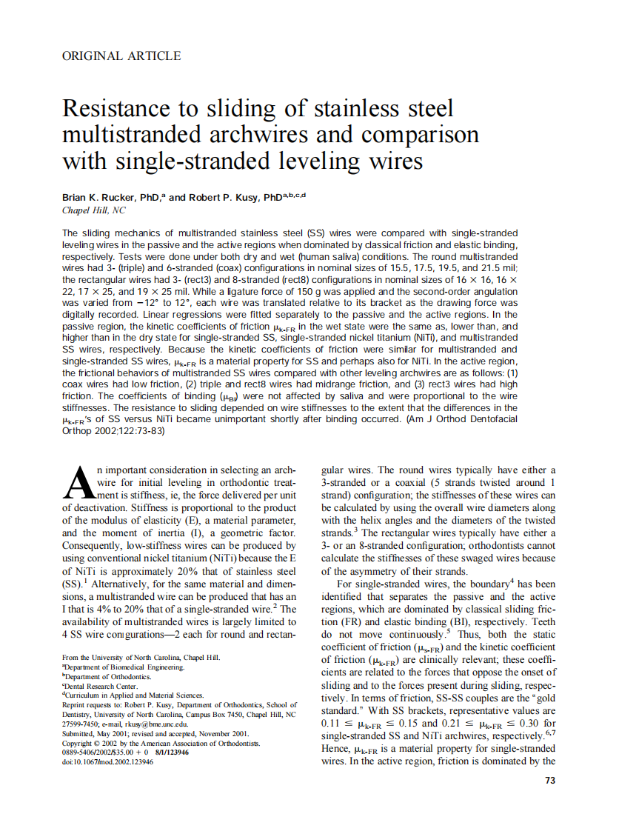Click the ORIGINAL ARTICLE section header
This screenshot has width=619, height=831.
click(x=121, y=56)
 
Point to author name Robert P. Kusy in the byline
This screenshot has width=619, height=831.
click(x=224, y=198)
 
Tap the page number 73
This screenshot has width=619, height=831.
click(x=549, y=780)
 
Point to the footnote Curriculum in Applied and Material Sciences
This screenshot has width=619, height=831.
click(x=124, y=695)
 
